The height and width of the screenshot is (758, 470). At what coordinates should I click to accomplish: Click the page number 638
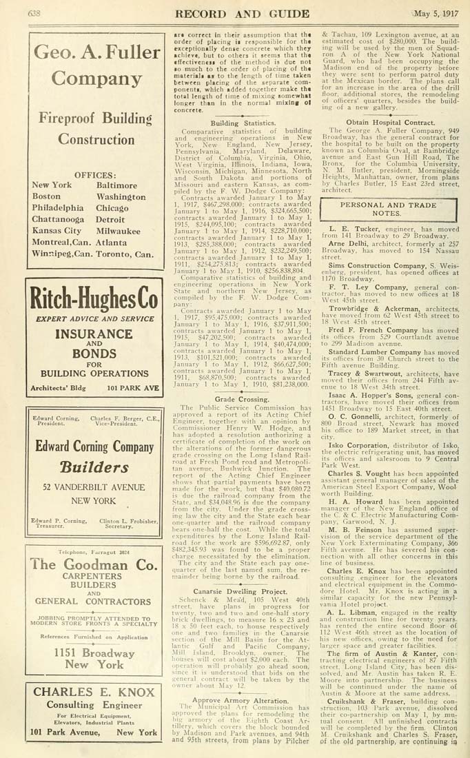click(33, 14)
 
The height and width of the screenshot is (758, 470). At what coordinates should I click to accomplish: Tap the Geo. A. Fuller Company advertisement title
click(96, 65)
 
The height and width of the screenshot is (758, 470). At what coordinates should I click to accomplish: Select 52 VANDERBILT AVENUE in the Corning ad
click(96, 488)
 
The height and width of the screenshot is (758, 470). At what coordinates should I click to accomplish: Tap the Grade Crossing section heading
click(243, 399)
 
